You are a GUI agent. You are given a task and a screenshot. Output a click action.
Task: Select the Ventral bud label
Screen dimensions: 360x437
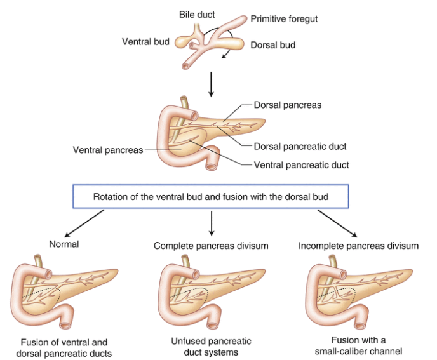[145, 42]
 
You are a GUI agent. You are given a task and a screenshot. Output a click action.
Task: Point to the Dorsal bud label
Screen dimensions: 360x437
[273, 45]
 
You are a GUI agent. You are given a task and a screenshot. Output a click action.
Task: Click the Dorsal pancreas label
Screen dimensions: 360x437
[287, 105]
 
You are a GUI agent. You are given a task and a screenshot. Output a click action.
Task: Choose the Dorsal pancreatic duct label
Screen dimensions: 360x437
[300, 146]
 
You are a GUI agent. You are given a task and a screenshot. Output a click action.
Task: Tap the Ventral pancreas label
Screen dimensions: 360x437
[107, 150]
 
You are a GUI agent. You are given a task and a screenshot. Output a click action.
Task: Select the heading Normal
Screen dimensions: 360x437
[64, 243]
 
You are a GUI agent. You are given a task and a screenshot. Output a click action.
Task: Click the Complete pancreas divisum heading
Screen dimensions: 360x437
[210, 246]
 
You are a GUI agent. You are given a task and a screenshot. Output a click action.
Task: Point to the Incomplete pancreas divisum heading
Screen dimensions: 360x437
[358, 246]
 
